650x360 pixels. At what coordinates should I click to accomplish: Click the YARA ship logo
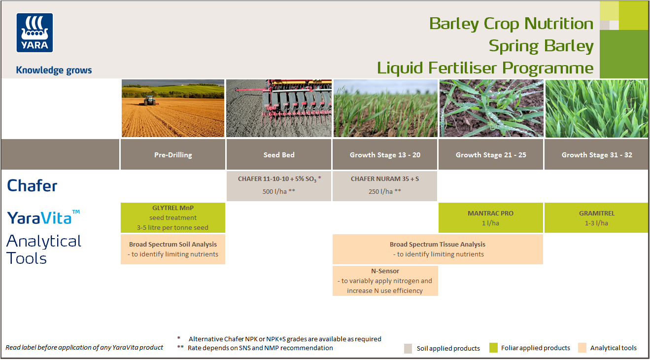coord(35,33)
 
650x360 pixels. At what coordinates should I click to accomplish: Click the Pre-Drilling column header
coord(172,155)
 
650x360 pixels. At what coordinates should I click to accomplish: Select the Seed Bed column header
coord(279,155)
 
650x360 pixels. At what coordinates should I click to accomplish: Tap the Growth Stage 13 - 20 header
coord(385,155)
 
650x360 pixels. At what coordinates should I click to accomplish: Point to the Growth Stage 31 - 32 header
coord(597,155)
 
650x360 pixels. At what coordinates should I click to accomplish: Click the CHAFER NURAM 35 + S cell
coord(385,185)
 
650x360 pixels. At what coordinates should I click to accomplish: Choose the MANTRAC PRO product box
coord(490,218)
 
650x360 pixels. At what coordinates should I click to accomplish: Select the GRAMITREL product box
coord(597,218)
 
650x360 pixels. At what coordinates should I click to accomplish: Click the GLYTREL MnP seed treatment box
coord(172,217)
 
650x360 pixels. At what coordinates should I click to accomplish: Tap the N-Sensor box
coord(385,281)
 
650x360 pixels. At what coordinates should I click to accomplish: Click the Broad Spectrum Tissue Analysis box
coord(438,249)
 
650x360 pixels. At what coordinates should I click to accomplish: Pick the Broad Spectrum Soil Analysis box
coord(172,249)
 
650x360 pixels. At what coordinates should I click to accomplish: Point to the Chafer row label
coord(33,186)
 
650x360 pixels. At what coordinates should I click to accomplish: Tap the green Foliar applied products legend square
coord(493,348)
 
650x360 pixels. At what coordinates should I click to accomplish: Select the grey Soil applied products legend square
coord(408,348)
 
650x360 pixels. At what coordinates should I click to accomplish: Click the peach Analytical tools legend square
coord(582,348)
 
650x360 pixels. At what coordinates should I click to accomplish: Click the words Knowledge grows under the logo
coord(54,70)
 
